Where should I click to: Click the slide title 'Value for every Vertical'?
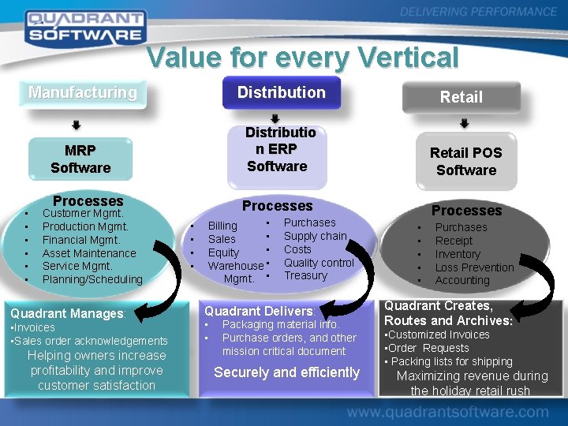302,58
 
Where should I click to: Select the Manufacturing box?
83,92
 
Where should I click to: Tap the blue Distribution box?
282,92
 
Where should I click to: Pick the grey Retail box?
461,97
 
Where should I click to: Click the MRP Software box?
80,159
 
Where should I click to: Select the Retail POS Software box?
466,161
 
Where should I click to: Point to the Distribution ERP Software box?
278,149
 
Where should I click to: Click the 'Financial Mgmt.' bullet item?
81,240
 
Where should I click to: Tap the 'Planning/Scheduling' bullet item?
92,279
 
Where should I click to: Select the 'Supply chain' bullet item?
316,236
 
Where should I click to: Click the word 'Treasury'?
305,275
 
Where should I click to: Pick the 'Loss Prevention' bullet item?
474,267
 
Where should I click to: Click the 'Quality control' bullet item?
319,263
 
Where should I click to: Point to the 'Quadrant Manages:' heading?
68,313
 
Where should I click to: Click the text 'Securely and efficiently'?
286,372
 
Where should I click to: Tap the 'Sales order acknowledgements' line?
89,341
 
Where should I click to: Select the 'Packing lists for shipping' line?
450,361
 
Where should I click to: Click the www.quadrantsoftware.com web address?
447,412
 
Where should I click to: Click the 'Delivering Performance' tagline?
478,12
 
